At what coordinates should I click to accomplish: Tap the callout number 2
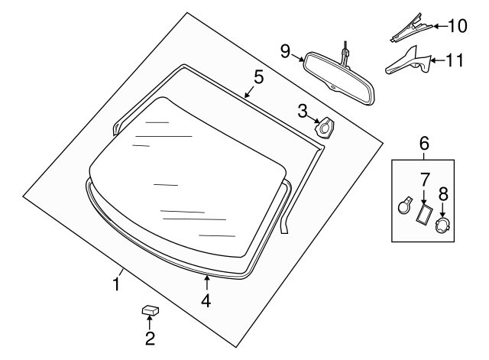point(150,336)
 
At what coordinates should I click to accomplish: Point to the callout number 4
point(206,301)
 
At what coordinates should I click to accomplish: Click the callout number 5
point(258,76)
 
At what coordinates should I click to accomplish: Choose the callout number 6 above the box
point(424,143)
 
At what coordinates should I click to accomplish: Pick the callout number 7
point(424,180)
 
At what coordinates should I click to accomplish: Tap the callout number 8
point(443,194)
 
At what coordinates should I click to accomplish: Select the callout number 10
point(457,26)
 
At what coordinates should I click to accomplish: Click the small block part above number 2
point(150,310)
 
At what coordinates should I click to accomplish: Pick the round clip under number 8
point(442,225)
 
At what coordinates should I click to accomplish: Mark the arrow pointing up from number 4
point(206,284)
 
